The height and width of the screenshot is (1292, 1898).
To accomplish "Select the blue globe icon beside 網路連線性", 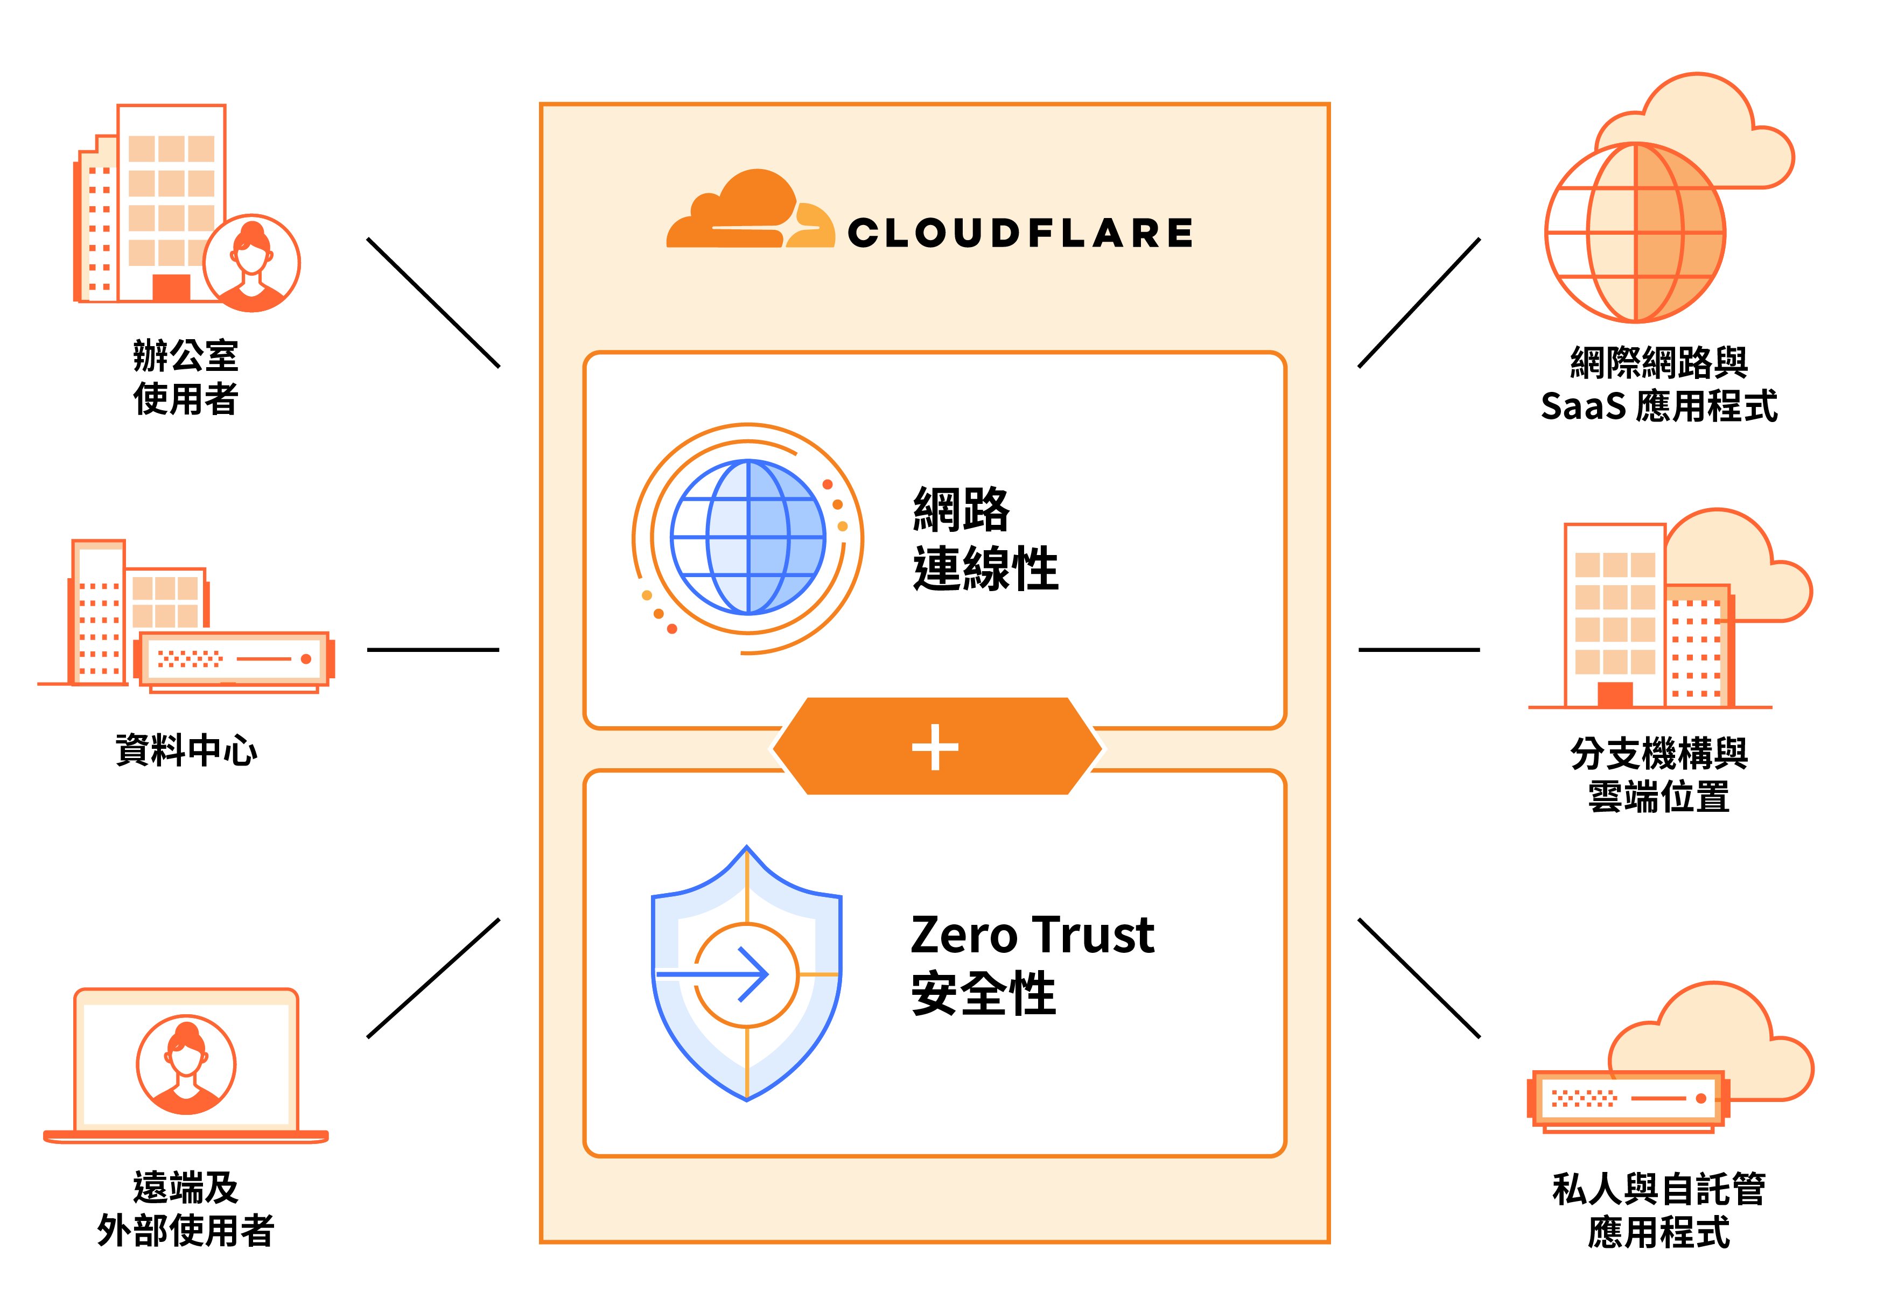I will (x=747, y=537).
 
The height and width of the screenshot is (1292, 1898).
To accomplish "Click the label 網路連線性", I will (x=984, y=539).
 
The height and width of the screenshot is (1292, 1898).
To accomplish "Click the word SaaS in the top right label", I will (x=1582, y=406).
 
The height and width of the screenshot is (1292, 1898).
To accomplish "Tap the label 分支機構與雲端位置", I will (x=1658, y=774).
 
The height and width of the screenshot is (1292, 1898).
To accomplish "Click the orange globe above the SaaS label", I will (x=1635, y=233).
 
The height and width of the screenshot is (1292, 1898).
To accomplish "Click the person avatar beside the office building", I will (x=251, y=263).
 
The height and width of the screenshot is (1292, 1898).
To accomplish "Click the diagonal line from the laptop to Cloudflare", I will (x=433, y=978).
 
